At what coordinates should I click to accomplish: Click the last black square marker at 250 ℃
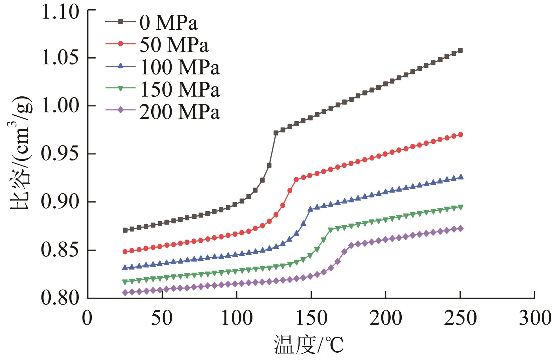click(x=460, y=50)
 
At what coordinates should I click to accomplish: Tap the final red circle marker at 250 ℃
click(x=460, y=134)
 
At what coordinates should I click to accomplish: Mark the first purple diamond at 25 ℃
click(x=125, y=293)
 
